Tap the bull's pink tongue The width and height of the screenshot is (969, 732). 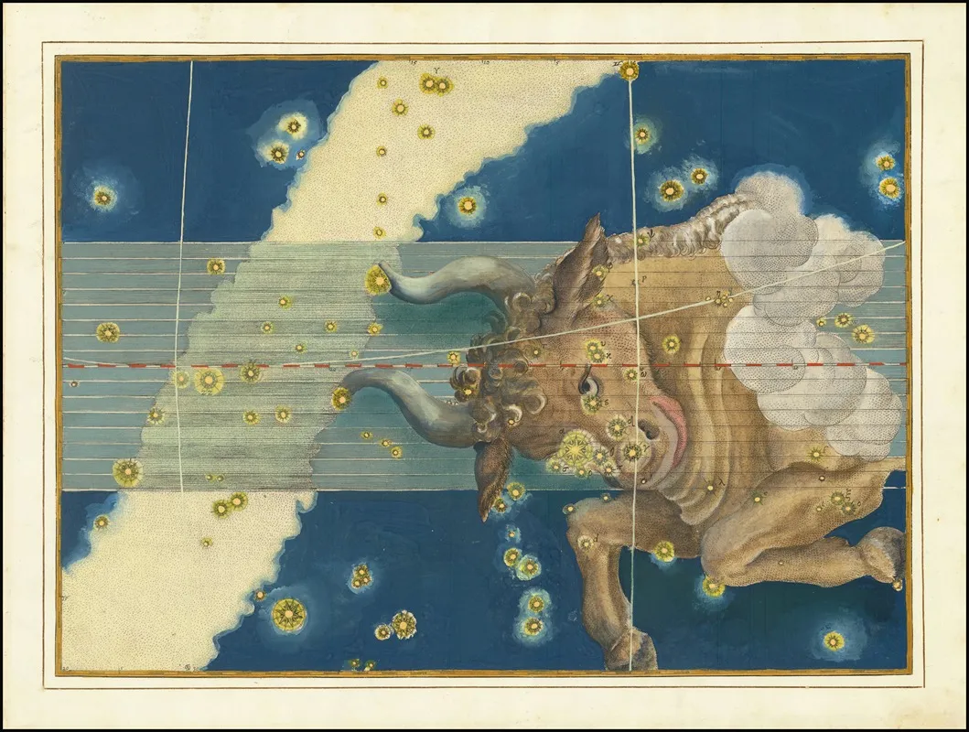coord(671,413)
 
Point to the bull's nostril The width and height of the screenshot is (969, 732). coord(647,429)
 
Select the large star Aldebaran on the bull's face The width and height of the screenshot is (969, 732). coord(576,447)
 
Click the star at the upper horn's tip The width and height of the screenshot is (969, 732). coord(377,279)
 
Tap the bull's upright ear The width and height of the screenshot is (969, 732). coord(586,261)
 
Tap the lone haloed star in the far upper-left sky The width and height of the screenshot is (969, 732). coord(103,196)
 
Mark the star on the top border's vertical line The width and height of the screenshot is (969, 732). coord(630,70)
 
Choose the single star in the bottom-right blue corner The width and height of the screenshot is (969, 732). coord(834,640)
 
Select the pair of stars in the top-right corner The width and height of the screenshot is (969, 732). coord(887,175)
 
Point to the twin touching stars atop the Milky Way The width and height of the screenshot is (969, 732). coord(436,84)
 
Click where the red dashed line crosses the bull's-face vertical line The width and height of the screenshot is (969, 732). coord(632,364)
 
